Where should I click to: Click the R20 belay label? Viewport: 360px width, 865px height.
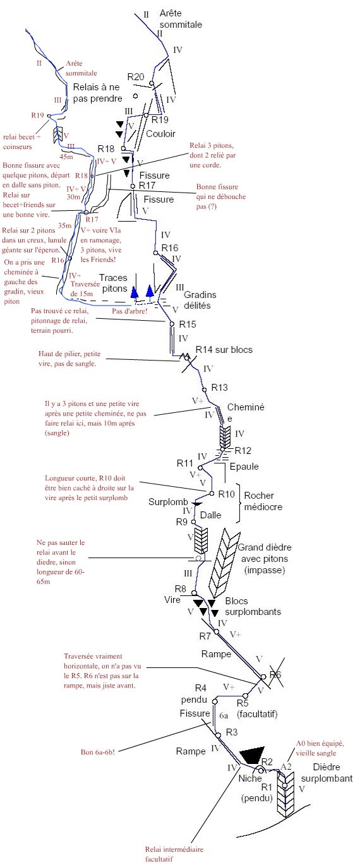tap(136, 76)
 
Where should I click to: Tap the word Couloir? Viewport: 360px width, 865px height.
tap(160, 134)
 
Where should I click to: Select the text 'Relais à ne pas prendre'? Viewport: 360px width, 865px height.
tap(97, 93)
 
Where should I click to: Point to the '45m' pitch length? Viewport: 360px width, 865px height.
tap(66, 157)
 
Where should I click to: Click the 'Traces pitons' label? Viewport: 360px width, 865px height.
tap(114, 283)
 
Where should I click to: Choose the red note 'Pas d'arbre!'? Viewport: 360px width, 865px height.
tap(129, 311)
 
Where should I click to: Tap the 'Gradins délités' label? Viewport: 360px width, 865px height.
tap(200, 300)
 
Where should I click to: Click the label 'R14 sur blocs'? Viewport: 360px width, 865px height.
tap(224, 350)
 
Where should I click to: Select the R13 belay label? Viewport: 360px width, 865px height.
tap(219, 387)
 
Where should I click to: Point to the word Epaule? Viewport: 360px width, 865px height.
tap(244, 467)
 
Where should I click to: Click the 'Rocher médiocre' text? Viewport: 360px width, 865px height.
tap(263, 501)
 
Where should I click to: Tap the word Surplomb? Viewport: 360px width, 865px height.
tap(168, 502)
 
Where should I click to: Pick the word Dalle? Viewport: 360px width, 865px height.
tap(210, 515)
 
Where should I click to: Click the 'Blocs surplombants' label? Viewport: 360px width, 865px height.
tap(253, 606)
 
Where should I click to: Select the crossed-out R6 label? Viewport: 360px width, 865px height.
tap(275, 674)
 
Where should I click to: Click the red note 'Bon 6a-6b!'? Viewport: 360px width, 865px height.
tap(98, 752)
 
